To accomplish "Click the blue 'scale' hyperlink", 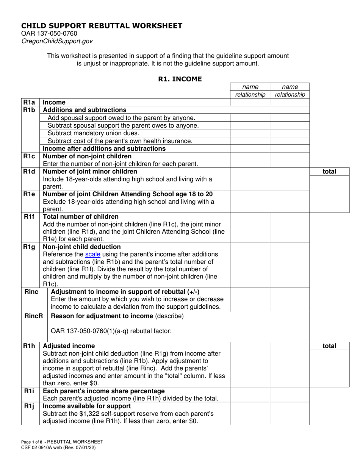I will click(x=93, y=254).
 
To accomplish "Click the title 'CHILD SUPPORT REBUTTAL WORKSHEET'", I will click(x=102, y=26).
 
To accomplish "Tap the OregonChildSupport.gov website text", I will click(x=56, y=41).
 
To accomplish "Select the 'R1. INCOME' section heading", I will click(x=180, y=79).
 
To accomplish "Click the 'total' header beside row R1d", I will click(x=329, y=171).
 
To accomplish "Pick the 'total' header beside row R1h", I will click(x=329, y=346).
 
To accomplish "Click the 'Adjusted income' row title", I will click(x=69, y=346).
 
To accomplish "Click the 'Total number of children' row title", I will click(x=81, y=217).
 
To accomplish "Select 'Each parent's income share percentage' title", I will click(x=104, y=391).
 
